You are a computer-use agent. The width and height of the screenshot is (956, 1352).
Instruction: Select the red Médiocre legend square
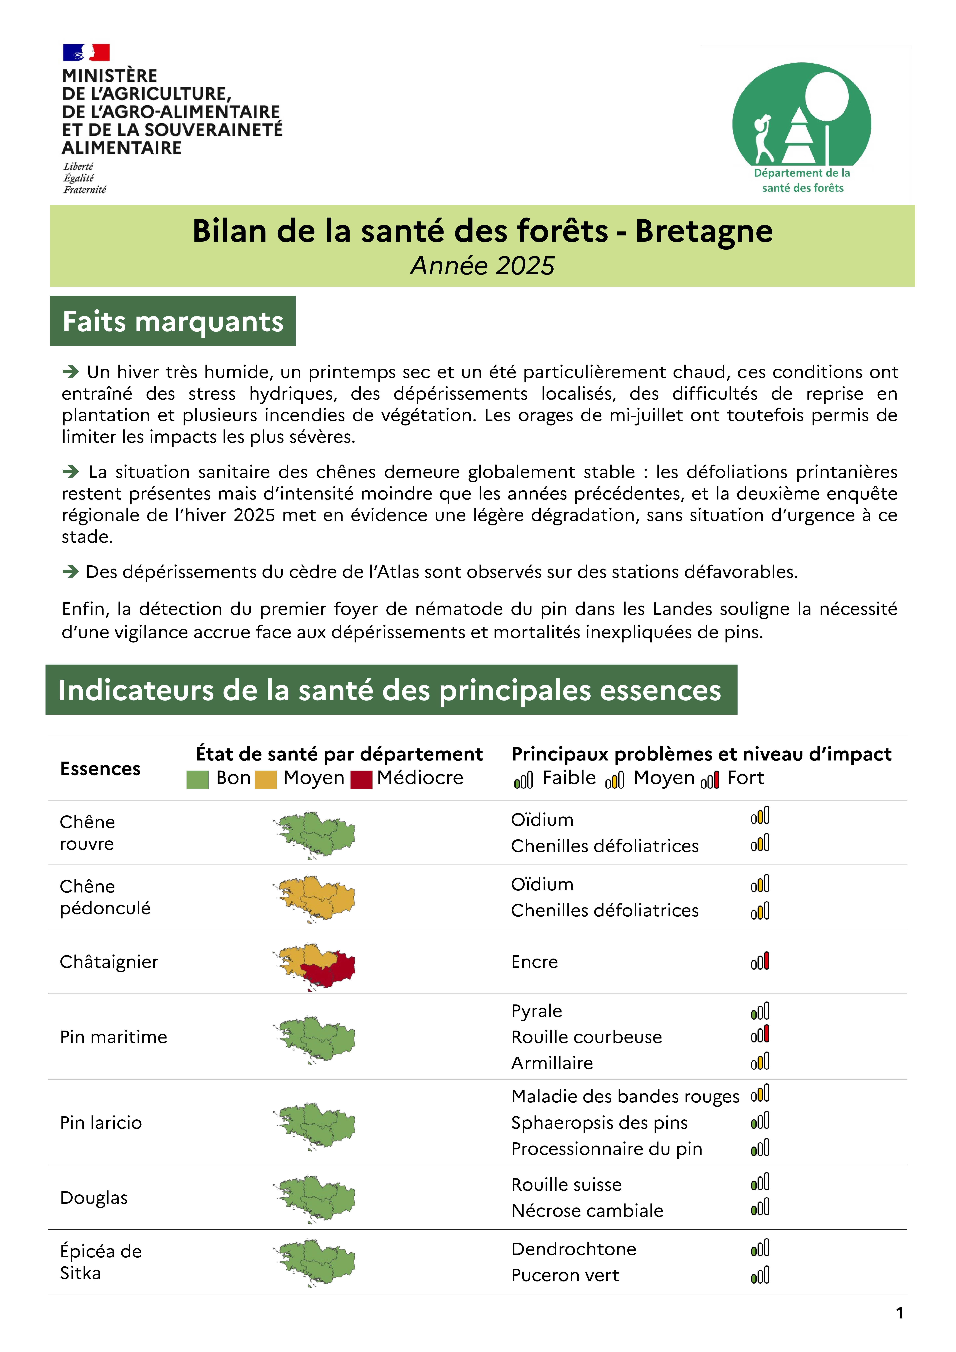pos(361,779)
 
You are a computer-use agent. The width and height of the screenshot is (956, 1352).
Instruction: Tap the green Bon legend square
pos(197,779)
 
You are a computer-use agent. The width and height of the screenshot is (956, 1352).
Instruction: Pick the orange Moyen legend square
pos(266,779)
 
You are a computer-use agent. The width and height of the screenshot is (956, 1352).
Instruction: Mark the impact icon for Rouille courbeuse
pos(760,1035)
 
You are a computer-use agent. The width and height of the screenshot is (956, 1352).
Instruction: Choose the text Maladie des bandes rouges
pos(625,1096)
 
